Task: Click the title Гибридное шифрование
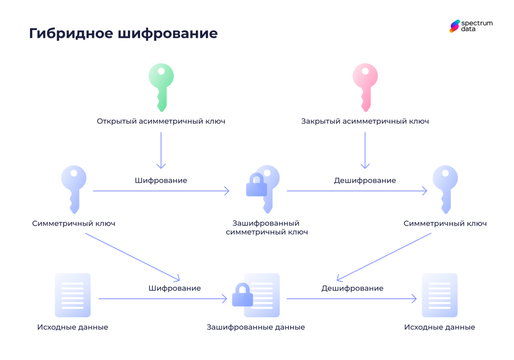[123, 33]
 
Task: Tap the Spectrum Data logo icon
[454, 26]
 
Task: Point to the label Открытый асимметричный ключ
[161, 121]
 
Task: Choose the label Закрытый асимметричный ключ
[365, 121]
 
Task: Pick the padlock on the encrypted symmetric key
[256, 186]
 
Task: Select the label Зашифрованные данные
[255, 327]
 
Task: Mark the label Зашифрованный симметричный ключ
[267, 227]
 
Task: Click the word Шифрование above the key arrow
[161, 180]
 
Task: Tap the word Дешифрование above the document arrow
[352, 288]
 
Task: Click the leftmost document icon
[73, 295]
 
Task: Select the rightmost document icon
[439, 295]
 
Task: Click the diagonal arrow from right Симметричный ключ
[384, 257]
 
